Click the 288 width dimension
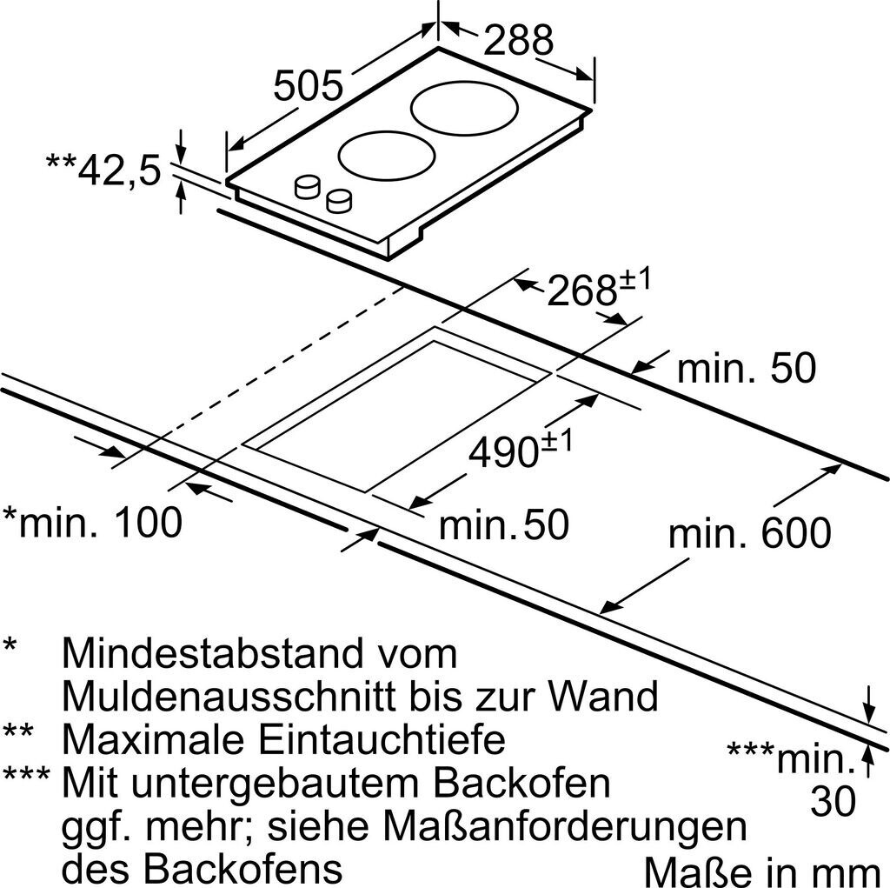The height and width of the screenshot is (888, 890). pos(518,40)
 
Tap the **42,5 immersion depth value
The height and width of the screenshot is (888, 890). pos(103,170)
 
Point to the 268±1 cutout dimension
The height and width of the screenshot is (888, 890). pos(599,290)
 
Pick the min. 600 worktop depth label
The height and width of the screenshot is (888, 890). pos(749,531)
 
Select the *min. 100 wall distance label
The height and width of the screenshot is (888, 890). pos(93,522)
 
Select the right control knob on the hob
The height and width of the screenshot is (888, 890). pos(340,201)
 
